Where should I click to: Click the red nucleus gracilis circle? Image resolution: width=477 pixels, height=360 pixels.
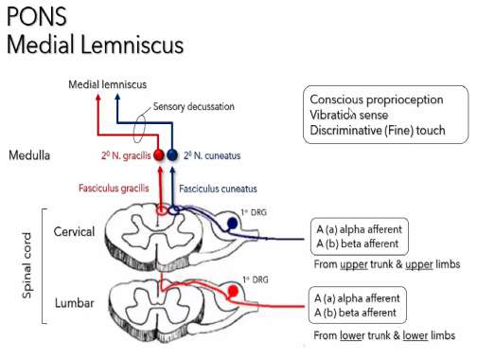pyautogui.click(x=159, y=153)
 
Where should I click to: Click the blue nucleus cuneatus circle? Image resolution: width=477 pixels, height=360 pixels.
pyautogui.click(x=172, y=153)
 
